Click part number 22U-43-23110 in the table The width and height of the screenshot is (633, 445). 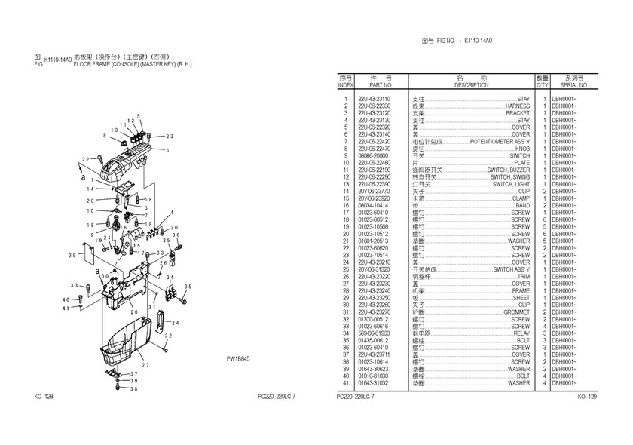(374, 99)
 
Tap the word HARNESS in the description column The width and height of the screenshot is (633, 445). (518, 106)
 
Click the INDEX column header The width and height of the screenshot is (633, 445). (345, 81)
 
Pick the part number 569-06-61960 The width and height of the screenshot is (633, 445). (374, 333)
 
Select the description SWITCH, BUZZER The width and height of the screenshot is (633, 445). (509, 170)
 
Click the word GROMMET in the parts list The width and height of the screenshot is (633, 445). (517, 311)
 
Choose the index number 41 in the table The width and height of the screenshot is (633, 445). (345, 383)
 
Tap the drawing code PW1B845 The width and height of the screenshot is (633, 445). (238, 360)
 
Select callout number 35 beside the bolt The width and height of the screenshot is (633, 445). (188, 286)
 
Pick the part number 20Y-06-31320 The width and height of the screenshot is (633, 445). (374, 269)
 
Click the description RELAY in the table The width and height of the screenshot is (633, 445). (521, 333)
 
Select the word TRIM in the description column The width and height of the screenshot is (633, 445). (523, 276)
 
